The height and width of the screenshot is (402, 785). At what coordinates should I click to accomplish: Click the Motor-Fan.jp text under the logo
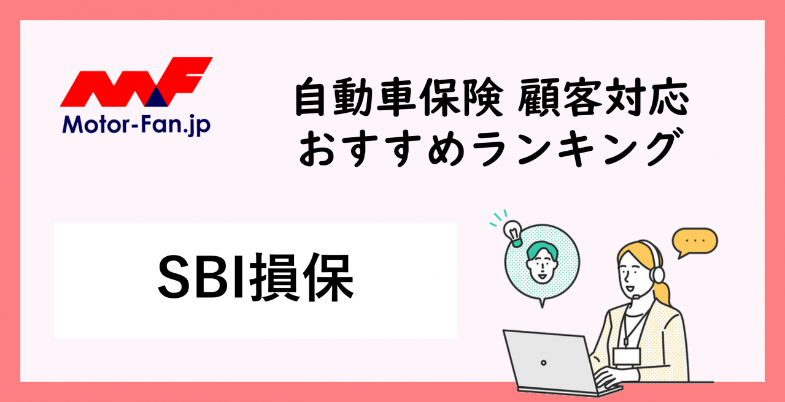(136, 125)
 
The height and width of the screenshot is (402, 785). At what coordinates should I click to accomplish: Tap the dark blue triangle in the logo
(157, 97)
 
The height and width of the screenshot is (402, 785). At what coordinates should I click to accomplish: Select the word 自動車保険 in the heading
(399, 97)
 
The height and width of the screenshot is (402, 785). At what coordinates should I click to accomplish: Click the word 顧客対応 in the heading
(603, 97)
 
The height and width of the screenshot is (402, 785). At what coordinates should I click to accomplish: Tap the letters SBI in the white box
(201, 276)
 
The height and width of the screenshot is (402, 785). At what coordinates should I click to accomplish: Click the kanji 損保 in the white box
(302, 276)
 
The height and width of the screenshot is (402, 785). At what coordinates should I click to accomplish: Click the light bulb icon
(513, 233)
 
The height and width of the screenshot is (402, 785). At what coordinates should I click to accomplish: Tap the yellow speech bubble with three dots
(695, 242)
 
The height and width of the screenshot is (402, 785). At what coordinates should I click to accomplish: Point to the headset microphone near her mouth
(636, 297)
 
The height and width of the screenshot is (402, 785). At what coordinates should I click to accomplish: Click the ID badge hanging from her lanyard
(627, 357)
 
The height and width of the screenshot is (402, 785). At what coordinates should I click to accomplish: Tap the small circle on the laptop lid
(544, 363)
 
